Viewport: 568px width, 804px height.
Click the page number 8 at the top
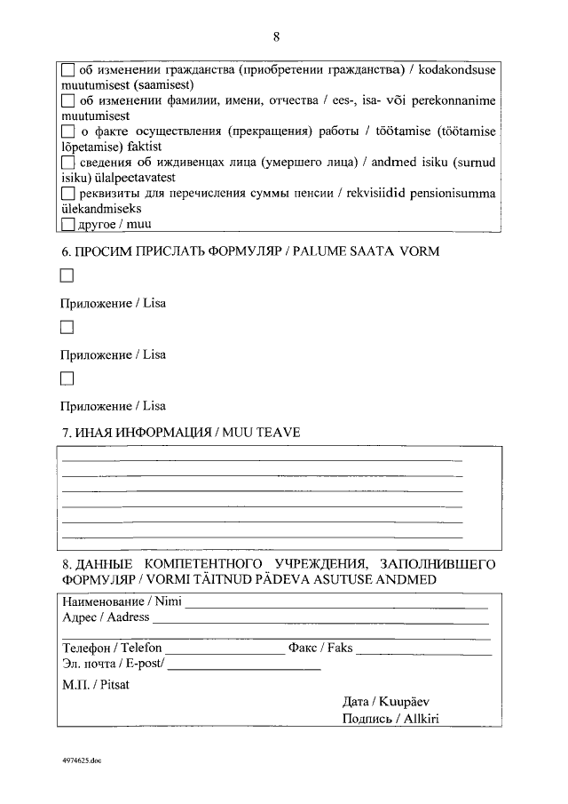click(277, 36)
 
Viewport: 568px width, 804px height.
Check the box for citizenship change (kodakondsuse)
click(68, 69)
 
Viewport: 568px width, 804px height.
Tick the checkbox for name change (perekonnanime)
click(68, 100)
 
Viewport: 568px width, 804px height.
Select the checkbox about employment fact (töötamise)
click(68, 131)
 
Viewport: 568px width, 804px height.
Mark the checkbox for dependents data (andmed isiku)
click(68, 163)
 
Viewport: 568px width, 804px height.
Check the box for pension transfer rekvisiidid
click(68, 194)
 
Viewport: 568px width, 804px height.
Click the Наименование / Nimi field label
click(122, 601)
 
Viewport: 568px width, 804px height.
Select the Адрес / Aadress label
click(106, 617)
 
